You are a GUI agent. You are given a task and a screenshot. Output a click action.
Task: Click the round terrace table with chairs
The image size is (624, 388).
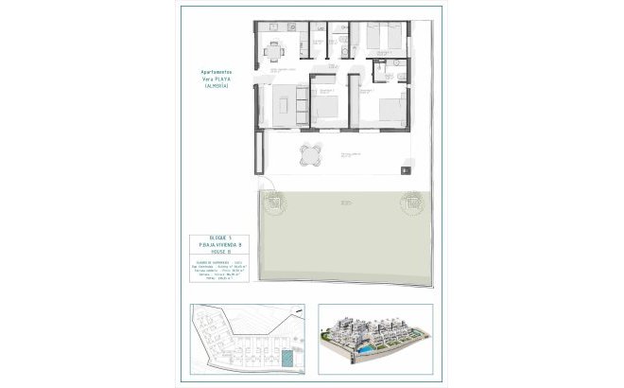click(313, 153)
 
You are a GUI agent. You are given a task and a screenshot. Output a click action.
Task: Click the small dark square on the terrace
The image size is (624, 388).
click(406, 170)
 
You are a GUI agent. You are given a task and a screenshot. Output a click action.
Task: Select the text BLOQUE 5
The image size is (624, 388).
click(219, 236)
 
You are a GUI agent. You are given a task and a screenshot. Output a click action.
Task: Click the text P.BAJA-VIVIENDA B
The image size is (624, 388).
click(219, 244)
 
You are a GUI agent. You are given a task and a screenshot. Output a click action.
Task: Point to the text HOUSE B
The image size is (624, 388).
click(219, 252)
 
